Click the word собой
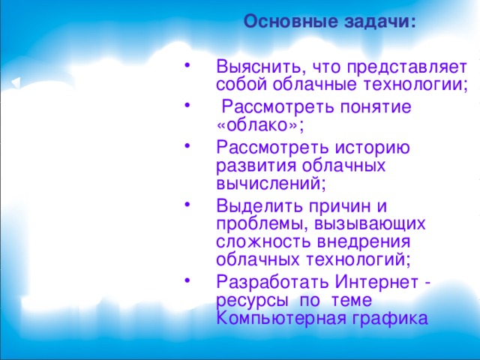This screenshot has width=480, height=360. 239,84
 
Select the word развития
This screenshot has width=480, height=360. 251,165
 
